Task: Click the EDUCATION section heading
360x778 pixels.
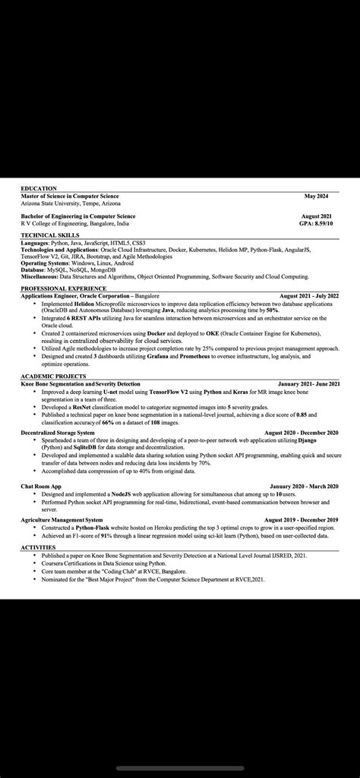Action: (x=39, y=188)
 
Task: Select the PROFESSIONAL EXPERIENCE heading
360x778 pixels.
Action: (x=63, y=288)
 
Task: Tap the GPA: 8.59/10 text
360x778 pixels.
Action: (x=318, y=224)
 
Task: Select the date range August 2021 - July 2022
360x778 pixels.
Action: (x=309, y=295)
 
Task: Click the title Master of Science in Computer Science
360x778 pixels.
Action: (x=70, y=196)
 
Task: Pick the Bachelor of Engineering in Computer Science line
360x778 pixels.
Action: (x=78, y=216)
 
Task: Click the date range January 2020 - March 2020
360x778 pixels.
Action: (x=304, y=486)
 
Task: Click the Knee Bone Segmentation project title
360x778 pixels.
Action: (x=80, y=384)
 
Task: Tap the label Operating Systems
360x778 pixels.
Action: (x=43, y=263)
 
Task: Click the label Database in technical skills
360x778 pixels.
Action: (x=33, y=269)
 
